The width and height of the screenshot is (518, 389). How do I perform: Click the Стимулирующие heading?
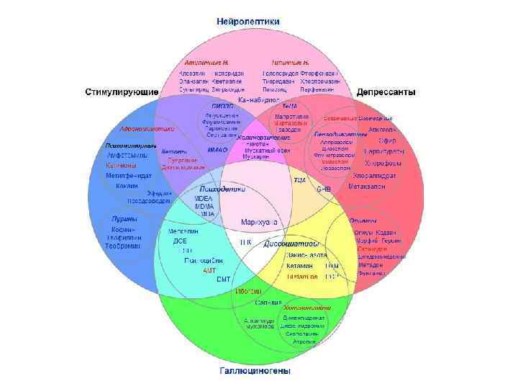point(122,93)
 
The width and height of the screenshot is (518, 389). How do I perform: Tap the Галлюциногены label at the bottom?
point(255,372)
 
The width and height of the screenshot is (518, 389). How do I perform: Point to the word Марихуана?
point(260,222)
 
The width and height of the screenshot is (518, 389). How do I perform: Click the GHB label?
point(324,189)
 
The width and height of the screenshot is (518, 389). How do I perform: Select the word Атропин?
point(304,341)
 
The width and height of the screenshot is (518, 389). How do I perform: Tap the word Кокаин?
point(127,186)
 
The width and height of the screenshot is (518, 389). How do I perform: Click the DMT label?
point(223,279)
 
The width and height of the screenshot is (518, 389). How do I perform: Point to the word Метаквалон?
point(367,187)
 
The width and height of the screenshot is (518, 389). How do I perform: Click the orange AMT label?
point(209,269)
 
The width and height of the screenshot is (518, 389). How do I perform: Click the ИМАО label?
point(217,150)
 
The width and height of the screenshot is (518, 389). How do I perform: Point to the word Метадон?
point(371,265)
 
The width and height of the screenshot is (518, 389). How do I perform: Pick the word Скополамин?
point(303,334)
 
